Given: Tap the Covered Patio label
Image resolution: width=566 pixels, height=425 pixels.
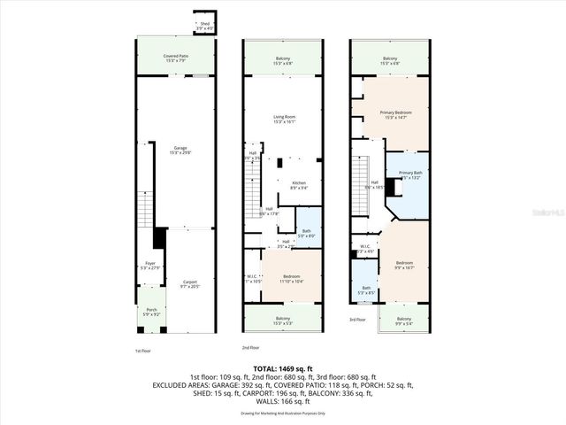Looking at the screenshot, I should coord(175,58).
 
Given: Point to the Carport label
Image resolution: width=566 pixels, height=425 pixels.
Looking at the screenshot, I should coord(190,284).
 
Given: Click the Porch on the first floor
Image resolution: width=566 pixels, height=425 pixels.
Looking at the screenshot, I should coord(151,312).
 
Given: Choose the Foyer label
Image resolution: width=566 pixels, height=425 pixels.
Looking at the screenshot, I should coord(150,265).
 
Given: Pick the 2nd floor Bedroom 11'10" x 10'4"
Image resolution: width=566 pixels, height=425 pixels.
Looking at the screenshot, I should coord(293,278).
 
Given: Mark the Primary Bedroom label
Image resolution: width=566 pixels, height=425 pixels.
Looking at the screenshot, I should coord(396,114).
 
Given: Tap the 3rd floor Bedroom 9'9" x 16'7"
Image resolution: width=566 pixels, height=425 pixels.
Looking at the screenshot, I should coord(405,265).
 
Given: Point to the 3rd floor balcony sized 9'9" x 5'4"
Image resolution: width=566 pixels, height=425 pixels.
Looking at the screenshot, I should coord(403,320).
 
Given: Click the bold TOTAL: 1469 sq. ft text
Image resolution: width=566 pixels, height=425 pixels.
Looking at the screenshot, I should coord(283,369).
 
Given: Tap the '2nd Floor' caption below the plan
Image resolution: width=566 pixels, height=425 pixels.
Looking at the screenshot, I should coord(252,348).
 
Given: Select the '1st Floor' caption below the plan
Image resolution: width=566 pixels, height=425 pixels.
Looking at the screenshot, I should coord(143,352).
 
